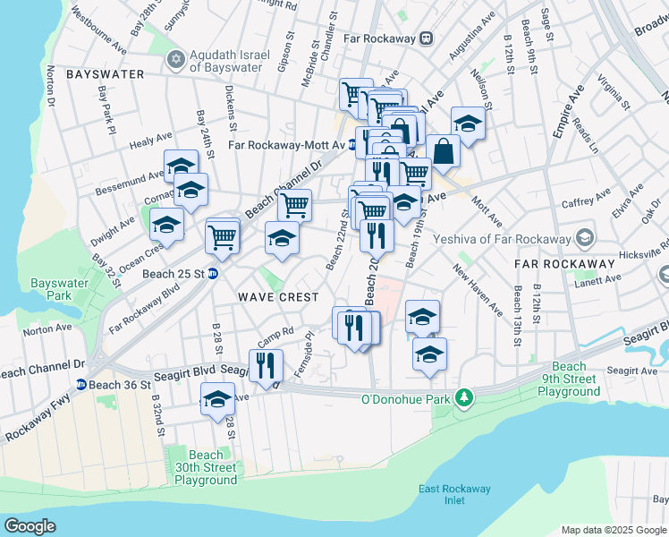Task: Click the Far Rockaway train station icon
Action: (427, 38)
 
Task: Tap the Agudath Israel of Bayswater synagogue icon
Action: (175, 60)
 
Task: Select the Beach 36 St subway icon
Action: (80, 385)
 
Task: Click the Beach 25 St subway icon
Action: (213, 273)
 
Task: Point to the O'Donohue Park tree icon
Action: (463, 396)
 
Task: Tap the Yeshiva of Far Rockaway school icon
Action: (585, 238)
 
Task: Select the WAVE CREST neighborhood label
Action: (277, 296)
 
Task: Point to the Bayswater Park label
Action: (51, 289)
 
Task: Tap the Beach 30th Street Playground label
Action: (206, 468)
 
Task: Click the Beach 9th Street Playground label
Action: (569, 379)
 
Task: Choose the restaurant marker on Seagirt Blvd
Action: (267, 364)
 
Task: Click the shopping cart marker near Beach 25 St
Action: (222, 236)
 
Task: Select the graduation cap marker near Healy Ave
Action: (181, 165)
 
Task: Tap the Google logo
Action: (30, 526)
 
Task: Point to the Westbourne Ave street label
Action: (100, 29)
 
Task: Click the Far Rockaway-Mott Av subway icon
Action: (352, 144)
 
